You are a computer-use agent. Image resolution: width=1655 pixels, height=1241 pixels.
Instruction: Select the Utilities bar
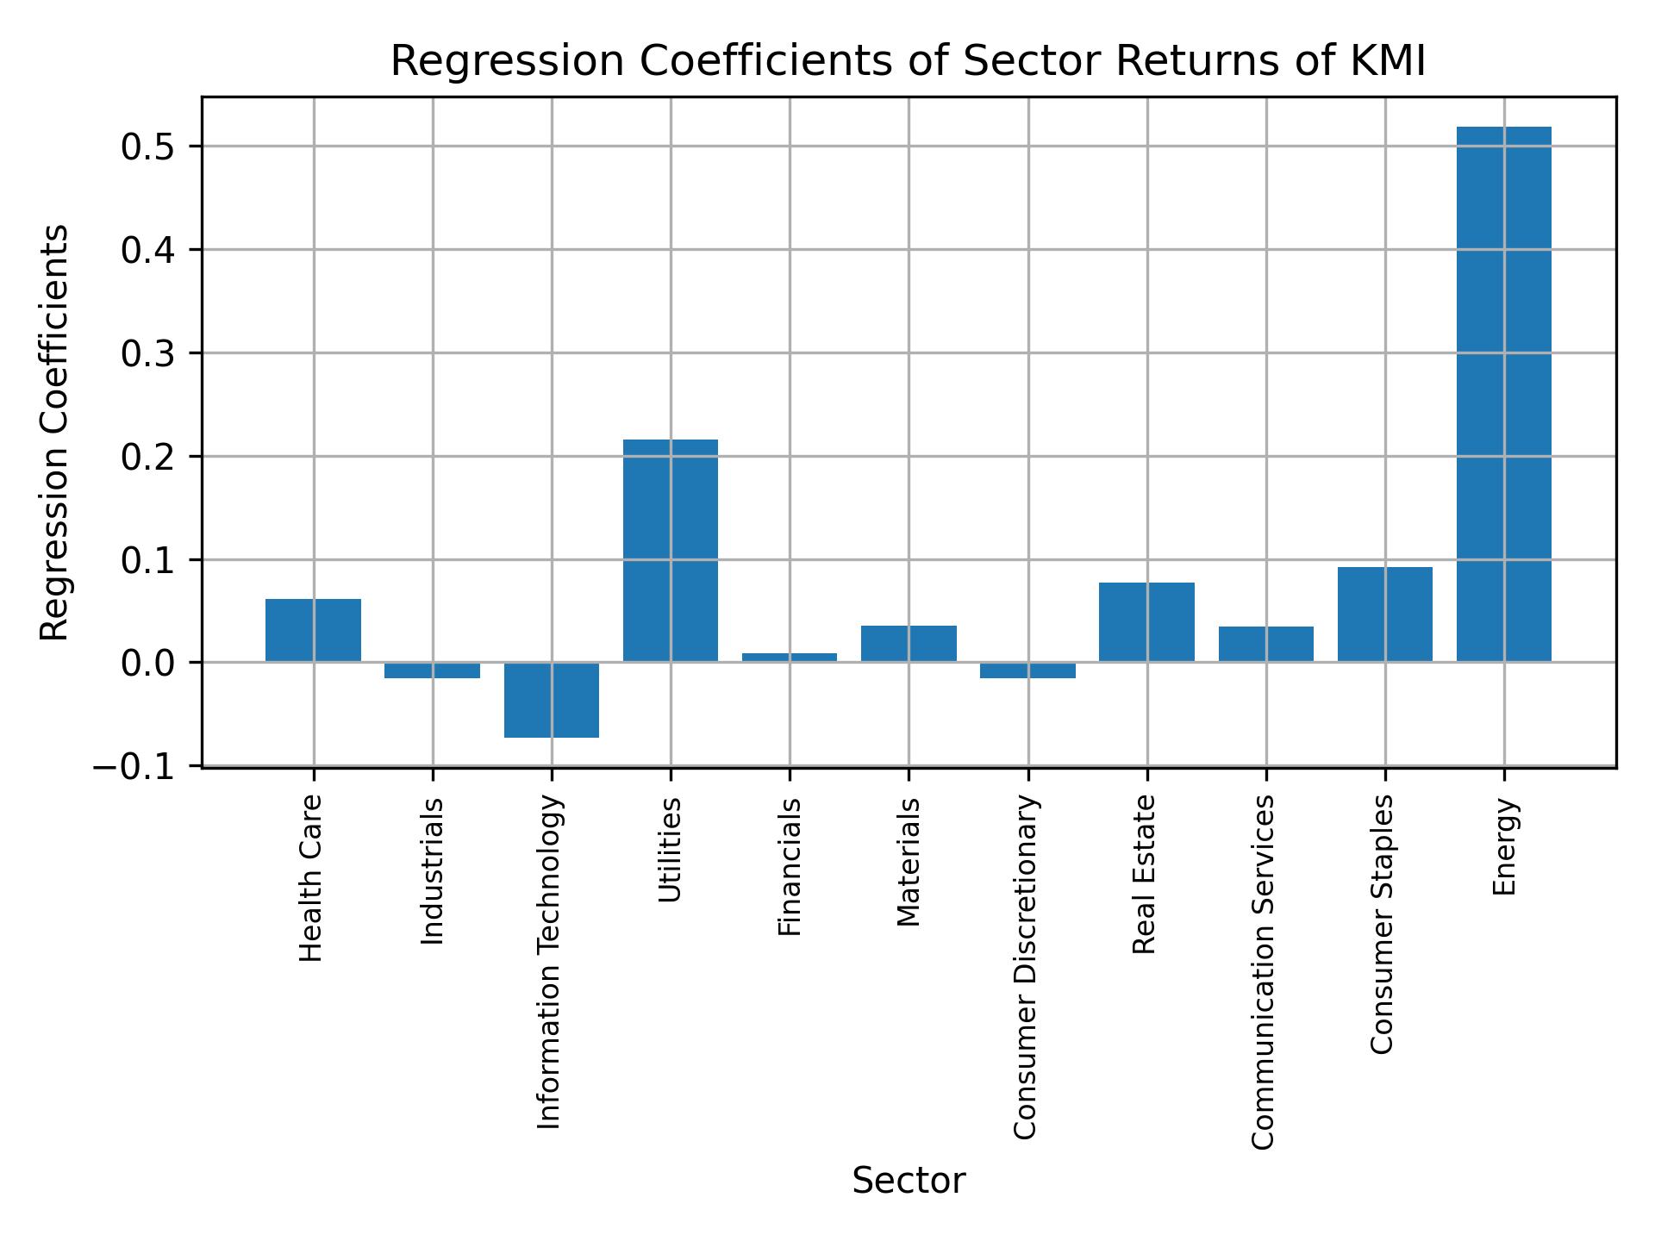[670, 551]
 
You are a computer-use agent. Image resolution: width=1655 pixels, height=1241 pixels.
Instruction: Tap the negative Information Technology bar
[552, 700]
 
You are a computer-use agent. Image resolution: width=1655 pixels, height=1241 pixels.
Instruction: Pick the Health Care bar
[313, 630]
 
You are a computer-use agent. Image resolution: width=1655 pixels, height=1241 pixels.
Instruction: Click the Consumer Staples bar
[1384, 614]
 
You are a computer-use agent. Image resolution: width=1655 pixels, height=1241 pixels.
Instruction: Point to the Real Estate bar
[1146, 622]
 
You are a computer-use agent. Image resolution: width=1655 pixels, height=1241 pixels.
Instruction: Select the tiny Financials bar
[790, 658]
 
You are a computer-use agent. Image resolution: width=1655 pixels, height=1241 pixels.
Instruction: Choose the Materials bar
[909, 644]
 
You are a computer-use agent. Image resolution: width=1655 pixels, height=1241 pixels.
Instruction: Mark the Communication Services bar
[1265, 644]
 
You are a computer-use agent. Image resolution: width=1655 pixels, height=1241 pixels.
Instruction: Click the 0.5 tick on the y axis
[148, 147]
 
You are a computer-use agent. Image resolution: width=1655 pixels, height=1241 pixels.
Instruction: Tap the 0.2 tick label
[148, 458]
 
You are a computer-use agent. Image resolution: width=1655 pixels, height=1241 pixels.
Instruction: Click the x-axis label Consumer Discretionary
[1025, 967]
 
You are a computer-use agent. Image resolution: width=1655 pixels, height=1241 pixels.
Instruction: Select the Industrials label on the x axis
[432, 871]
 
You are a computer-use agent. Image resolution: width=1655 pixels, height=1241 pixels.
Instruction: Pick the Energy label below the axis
[1504, 847]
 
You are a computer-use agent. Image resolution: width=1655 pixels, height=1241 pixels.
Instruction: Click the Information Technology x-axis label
[549, 962]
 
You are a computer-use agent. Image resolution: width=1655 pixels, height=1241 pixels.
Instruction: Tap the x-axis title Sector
[908, 1182]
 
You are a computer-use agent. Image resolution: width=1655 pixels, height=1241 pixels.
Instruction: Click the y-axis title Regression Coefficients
[55, 433]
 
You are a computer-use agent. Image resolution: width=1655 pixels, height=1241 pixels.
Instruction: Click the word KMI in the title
[1384, 62]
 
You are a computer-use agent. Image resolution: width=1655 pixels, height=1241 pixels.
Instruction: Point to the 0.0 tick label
[148, 664]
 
